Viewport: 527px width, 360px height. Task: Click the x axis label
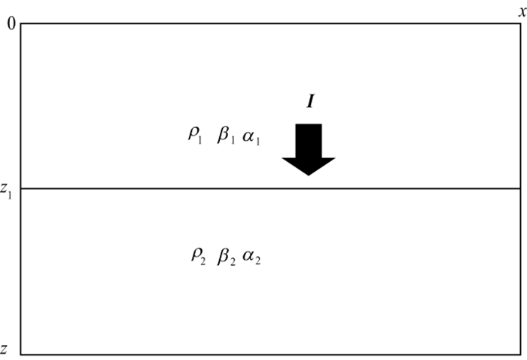click(x=522, y=10)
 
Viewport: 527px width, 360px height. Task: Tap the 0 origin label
click(x=11, y=24)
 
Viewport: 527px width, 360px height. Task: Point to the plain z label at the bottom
click(x=5, y=349)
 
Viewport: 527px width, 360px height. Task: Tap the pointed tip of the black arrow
click(x=309, y=174)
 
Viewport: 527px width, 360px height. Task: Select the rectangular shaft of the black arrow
click(x=309, y=140)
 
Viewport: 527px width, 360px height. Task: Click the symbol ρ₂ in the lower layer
click(x=197, y=256)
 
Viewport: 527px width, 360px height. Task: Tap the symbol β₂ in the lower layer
click(x=227, y=256)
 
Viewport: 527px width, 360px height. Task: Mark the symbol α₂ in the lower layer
click(x=251, y=258)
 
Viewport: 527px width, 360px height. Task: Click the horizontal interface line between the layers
click(x=151, y=188)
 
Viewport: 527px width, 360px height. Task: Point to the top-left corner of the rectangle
click(x=21, y=24)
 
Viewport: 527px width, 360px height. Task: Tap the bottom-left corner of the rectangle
click(x=21, y=353)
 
